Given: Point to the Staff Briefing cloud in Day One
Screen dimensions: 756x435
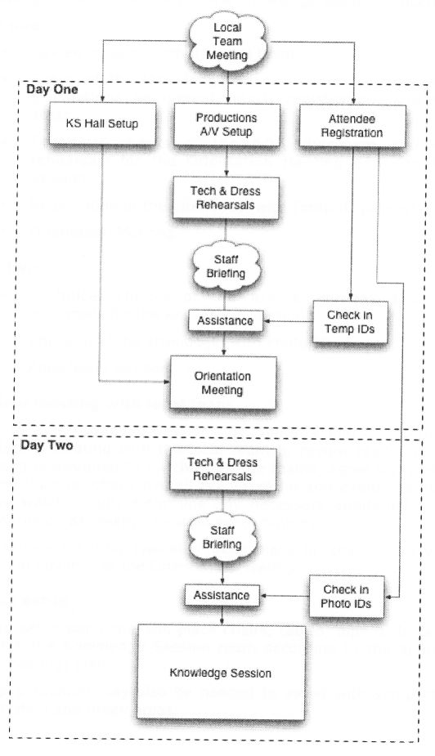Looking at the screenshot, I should tap(226, 266).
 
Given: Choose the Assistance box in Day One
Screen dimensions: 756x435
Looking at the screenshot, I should tap(226, 321).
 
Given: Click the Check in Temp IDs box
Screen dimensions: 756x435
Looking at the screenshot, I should tap(349, 321).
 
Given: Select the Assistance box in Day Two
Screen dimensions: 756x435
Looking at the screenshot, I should tap(226, 596).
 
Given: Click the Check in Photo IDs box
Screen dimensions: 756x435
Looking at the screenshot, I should tap(346, 596).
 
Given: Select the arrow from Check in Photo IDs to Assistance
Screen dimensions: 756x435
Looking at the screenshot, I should tap(286, 596).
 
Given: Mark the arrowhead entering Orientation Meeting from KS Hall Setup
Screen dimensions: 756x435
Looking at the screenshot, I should tap(165, 381).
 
